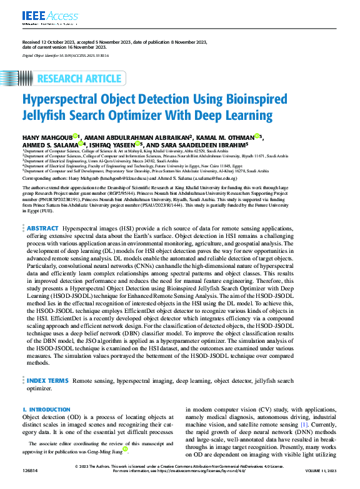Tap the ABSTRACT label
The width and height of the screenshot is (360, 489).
point(42,212)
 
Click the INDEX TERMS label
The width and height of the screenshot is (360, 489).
point(47,380)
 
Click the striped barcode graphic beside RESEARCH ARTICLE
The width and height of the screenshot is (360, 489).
point(24,78)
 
